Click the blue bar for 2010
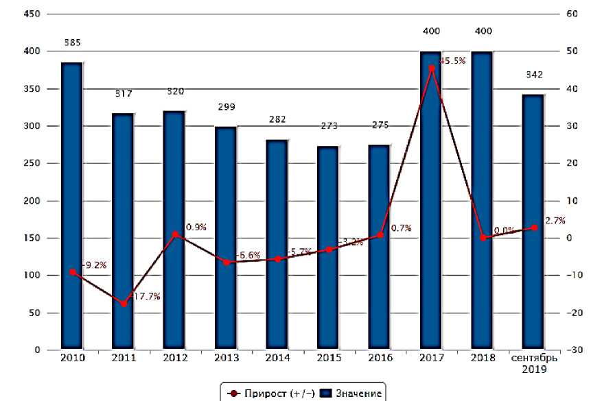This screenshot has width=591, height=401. click(71, 206)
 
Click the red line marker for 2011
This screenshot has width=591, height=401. click(124, 304)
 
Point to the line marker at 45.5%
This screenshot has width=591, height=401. click(431, 68)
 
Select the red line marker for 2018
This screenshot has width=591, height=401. click(483, 238)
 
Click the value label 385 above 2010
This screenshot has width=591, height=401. click(72, 42)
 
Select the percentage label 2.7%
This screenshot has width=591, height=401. click(555, 221)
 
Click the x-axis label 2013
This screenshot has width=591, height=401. click(226, 359)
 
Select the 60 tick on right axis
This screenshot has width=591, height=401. click(573, 14)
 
